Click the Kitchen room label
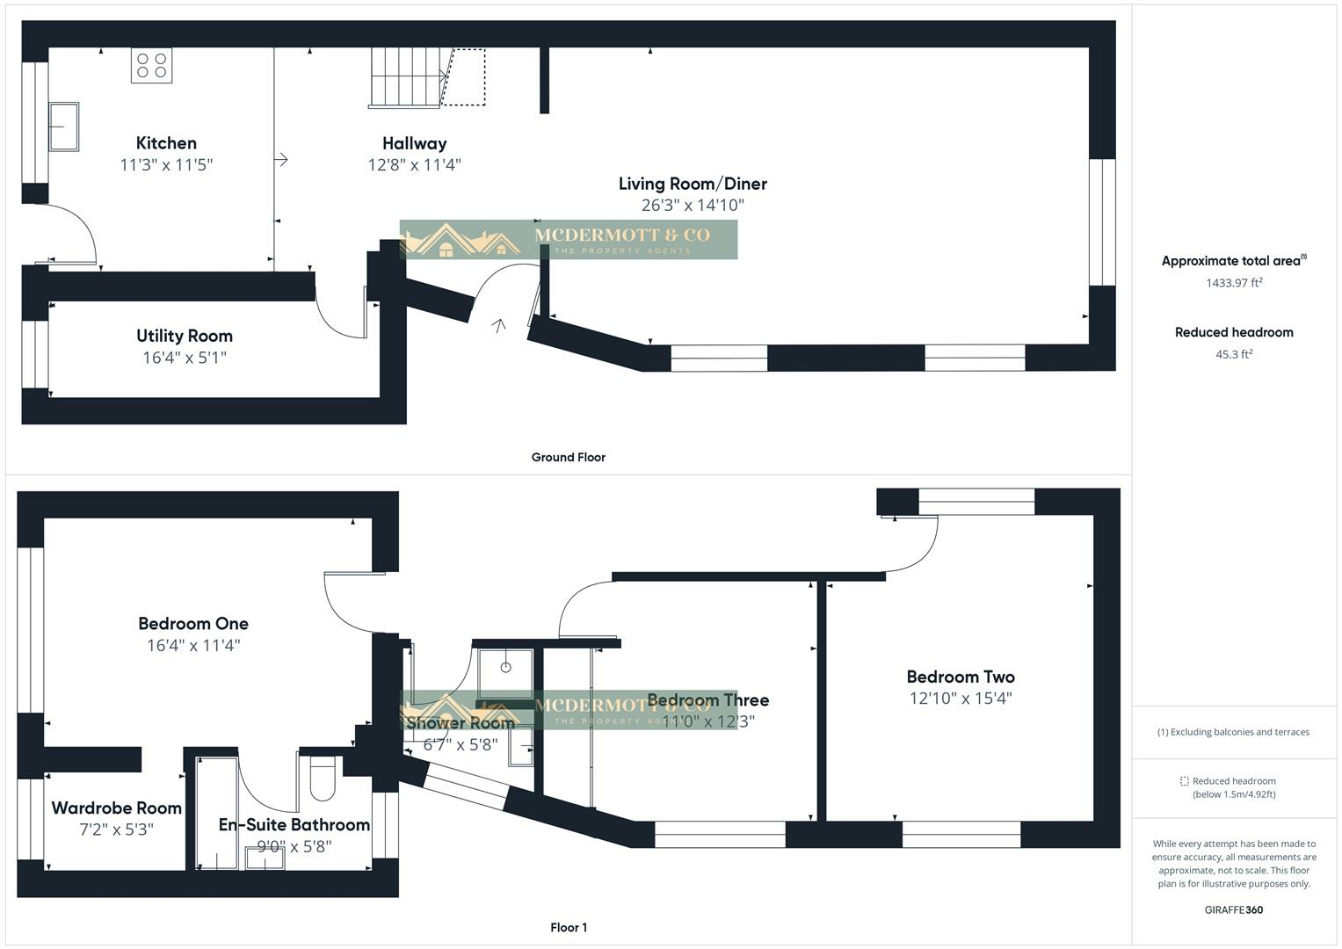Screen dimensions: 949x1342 tap(166, 143)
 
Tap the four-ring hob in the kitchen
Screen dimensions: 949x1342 tap(151, 65)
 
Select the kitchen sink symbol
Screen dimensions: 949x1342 tap(63, 127)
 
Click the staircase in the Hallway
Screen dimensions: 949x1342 tap(404, 78)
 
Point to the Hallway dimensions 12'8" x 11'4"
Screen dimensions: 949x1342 tap(414, 164)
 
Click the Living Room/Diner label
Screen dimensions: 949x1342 tap(693, 184)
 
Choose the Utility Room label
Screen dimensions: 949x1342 tap(185, 336)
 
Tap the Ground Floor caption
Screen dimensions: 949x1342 tap(568, 457)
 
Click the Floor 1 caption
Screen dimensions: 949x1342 tap(569, 927)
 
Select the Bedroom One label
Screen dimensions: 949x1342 tap(193, 624)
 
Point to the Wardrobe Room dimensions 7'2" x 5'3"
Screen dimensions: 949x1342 tap(116, 829)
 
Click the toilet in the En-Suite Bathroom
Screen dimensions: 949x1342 tap(323, 778)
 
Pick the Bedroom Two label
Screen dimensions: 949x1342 tap(961, 677)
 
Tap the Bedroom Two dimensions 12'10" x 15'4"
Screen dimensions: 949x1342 tap(961, 699)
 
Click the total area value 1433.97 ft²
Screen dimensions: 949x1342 tap(1234, 283)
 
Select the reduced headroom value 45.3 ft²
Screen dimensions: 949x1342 tap(1234, 354)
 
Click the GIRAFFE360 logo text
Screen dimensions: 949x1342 tap(1233, 909)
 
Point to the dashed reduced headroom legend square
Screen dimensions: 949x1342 tap(1184, 780)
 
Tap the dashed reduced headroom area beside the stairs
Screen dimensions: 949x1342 tap(464, 77)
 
